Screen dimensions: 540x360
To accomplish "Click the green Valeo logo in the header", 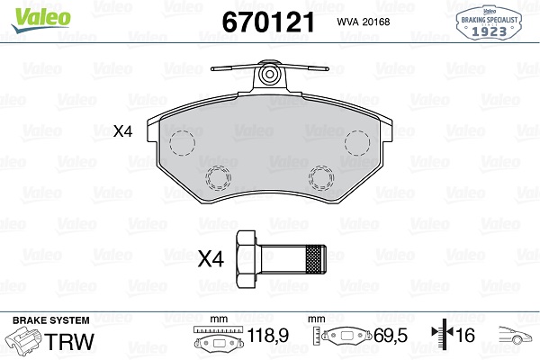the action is point(41,19).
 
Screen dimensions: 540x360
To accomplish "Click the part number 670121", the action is point(268,22).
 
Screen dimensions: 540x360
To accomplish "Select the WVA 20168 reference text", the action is point(364,22).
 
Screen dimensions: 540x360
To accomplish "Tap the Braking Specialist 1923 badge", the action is point(489,22).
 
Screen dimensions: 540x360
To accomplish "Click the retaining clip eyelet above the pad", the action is point(270,75).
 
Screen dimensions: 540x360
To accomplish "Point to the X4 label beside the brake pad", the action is point(123,131).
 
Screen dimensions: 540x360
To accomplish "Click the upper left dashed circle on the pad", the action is point(182,142).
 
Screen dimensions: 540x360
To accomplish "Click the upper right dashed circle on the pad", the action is point(357,142).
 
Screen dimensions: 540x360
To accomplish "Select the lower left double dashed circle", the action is point(218,178).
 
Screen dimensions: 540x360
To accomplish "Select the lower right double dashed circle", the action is point(321,178).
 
